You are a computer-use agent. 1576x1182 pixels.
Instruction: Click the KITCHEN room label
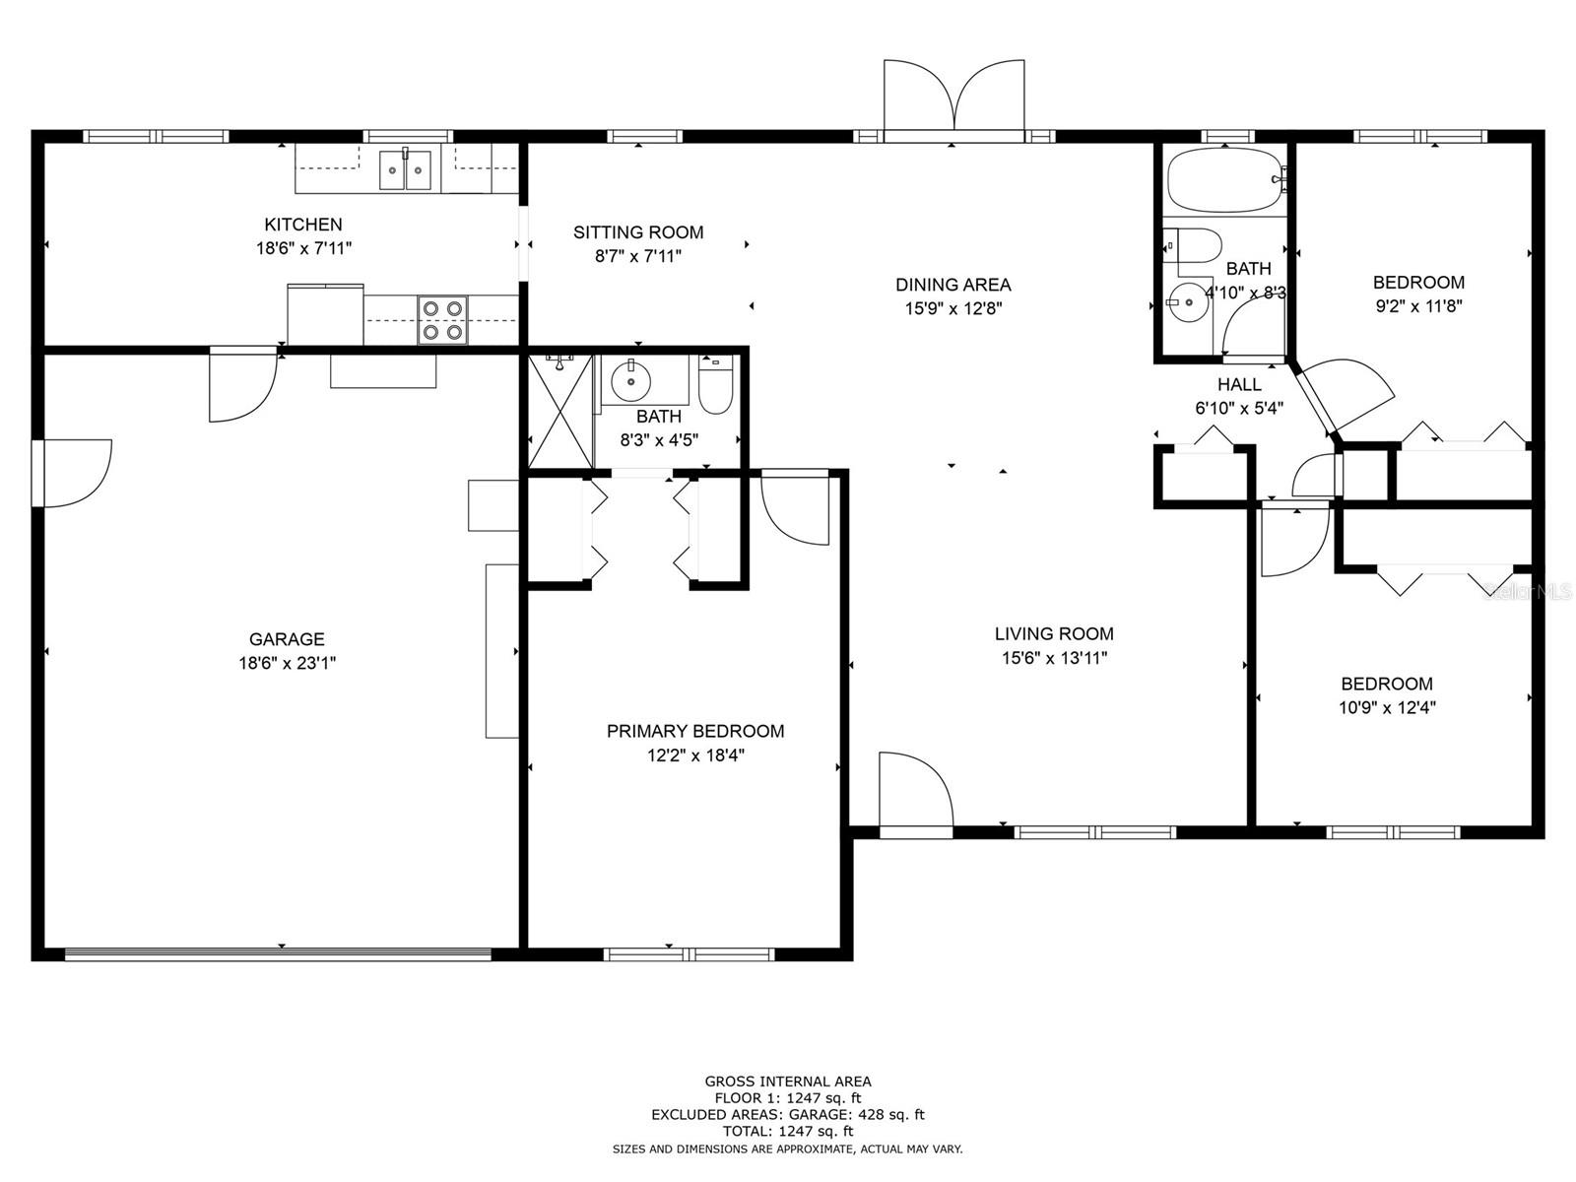[303, 225]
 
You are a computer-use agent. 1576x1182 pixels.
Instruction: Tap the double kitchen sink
[405, 169]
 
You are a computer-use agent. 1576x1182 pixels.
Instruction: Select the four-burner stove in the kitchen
[443, 319]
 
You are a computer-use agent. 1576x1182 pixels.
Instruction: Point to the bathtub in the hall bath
[1226, 179]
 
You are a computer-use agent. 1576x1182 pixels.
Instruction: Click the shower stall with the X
[560, 411]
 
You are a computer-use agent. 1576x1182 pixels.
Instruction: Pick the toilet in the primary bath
[715, 385]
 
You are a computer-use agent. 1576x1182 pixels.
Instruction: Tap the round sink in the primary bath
[631, 381]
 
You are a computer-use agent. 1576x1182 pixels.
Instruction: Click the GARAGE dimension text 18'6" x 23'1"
[288, 662]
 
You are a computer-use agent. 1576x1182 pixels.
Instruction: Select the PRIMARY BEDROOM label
[695, 731]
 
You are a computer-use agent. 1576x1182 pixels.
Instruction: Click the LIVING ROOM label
[1054, 633]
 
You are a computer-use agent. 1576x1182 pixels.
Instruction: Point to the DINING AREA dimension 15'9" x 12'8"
[952, 308]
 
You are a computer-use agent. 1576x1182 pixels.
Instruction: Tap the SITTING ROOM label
[638, 232]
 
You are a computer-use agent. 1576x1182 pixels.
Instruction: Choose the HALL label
[1239, 385]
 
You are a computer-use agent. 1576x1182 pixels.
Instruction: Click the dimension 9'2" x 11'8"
[1418, 306]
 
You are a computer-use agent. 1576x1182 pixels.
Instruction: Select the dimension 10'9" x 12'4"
[1387, 707]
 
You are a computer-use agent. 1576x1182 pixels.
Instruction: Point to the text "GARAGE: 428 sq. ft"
[857, 1115]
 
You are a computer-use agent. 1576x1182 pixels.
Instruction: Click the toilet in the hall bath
[1195, 245]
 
